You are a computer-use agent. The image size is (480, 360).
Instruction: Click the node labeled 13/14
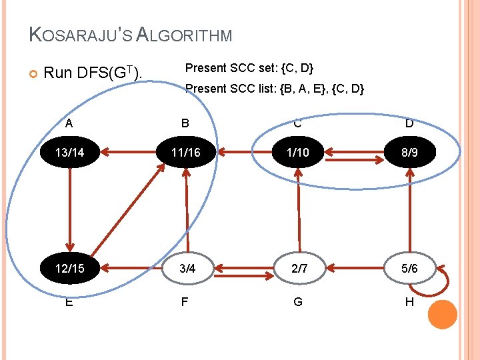pyautogui.click(x=69, y=152)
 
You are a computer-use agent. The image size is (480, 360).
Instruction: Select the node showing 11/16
pyautogui.click(x=185, y=152)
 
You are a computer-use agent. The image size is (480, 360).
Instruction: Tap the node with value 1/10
pyautogui.click(x=298, y=152)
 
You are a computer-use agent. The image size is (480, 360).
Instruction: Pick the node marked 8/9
pyautogui.click(x=409, y=152)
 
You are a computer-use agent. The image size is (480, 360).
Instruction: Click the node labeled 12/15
pyautogui.click(x=69, y=268)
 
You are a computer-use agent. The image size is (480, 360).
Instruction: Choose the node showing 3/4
pyautogui.click(x=187, y=268)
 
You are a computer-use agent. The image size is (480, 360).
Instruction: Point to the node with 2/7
pyautogui.click(x=298, y=268)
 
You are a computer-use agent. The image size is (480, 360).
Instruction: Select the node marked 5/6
pyautogui.click(x=409, y=268)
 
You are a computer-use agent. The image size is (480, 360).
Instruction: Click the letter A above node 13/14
pyautogui.click(x=69, y=123)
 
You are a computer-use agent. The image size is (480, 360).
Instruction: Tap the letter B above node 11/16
pyautogui.click(x=185, y=123)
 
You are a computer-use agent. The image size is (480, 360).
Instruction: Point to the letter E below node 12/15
pyautogui.click(x=69, y=301)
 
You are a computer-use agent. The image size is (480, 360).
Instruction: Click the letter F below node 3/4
pyautogui.click(x=185, y=301)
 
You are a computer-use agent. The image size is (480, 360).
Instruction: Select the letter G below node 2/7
pyautogui.click(x=298, y=301)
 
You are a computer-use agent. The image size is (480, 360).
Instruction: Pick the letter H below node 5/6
pyautogui.click(x=409, y=301)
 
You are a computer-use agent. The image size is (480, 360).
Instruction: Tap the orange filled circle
pyautogui.click(x=442, y=314)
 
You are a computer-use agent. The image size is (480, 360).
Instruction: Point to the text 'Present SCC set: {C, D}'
pyautogui.click(x=249, y=68)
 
